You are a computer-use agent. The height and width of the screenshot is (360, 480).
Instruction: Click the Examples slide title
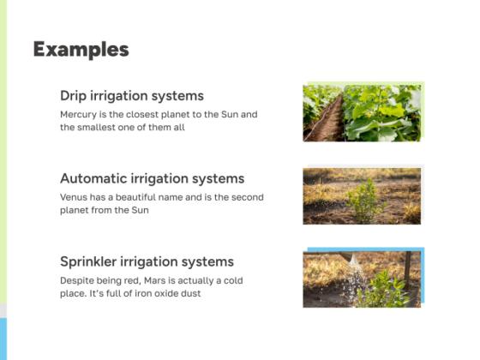81,50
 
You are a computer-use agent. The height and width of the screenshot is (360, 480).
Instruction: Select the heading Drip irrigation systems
131,96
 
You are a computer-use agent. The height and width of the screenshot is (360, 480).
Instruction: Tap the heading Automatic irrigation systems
152,179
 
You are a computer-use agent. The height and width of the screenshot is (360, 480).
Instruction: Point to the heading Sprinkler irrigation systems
147,261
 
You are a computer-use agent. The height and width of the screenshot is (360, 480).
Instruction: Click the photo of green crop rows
363,112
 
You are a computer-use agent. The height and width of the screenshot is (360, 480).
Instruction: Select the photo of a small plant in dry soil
363,195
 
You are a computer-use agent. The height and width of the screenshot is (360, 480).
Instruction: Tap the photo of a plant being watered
363,279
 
